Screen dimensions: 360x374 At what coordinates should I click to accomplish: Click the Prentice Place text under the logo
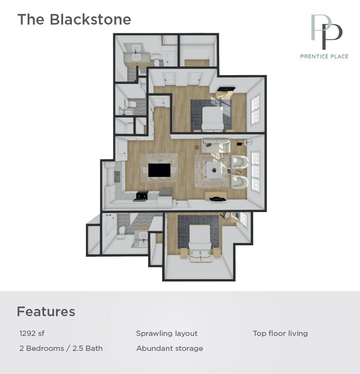coord(324,56)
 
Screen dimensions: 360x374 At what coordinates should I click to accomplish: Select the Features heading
coord(46,312)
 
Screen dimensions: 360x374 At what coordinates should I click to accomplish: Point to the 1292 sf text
coord(32,334)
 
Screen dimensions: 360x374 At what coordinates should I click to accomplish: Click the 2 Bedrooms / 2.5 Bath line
coord(61,348)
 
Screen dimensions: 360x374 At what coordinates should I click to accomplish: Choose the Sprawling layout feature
coord(166,334)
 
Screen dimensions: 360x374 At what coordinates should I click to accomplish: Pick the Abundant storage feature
coord(169,348)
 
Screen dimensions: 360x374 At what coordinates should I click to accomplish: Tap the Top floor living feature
coord(280,334)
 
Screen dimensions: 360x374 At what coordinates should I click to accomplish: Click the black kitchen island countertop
coord(159,170)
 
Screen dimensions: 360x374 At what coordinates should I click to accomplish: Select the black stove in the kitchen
coord(141,195)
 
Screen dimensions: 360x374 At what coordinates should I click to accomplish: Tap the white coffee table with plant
coord(214,170)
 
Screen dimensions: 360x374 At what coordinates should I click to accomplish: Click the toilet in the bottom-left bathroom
coord(122,233)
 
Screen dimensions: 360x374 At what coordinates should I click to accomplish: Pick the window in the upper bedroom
coord(255,109)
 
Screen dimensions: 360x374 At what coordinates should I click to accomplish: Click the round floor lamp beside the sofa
coord(248,142)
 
